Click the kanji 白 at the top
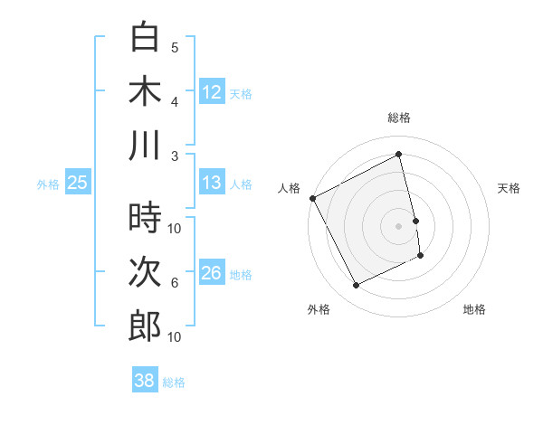(145, 38)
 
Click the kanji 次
(145, 272)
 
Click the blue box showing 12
(212, 92)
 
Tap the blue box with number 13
(212, 183)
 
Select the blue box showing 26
(212, 273)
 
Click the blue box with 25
(77, 183)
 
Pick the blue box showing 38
(145, 381)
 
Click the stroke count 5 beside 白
(175, 47)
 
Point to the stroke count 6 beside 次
(175, 282)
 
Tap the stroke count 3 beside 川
(175, 155)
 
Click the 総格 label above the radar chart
(399, 118)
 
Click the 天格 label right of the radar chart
(510, 188)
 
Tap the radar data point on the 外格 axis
(357, 286)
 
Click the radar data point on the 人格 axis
(312, 198)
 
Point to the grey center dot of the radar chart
(399, 226)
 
